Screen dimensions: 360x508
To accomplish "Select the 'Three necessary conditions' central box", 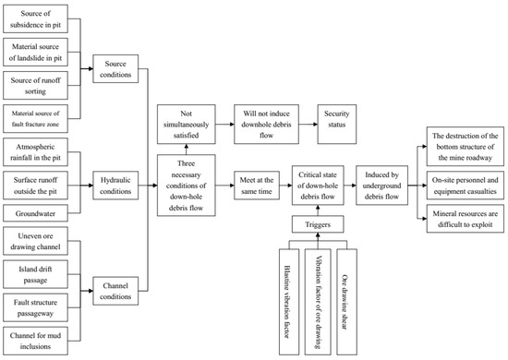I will [188, 186].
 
